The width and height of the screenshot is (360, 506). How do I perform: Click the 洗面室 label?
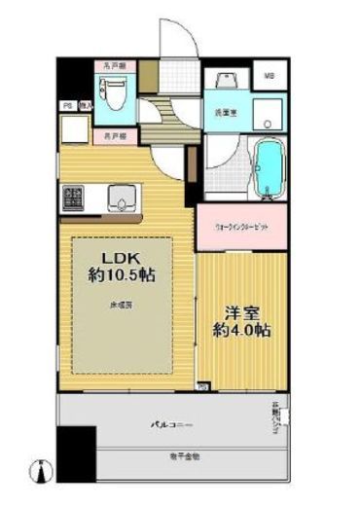pyautogui.click(x=223, y=114)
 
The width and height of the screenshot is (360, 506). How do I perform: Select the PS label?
pyautogui.click(x=68, y=105)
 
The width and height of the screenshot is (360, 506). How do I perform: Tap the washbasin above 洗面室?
pyautogui.click(x=223, y=83)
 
